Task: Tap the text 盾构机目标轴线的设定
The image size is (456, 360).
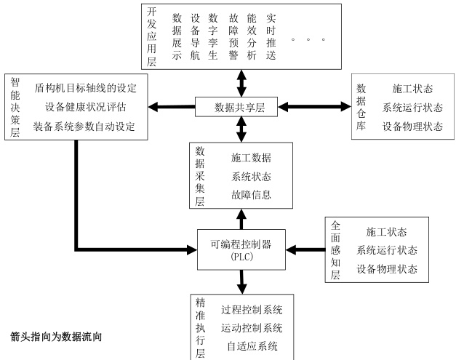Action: (85, 88)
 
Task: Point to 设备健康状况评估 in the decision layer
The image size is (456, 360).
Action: (85, 108)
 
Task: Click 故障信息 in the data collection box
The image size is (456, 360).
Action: (252, 194)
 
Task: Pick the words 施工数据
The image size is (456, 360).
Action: (252, 156)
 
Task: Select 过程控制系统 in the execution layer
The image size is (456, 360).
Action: (252, 310)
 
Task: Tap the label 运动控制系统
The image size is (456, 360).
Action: (252, 328)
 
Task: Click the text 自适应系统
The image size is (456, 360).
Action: (252, 346)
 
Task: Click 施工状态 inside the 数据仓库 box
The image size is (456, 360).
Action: (412, 89)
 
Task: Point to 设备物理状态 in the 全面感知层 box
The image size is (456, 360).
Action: (387, 268)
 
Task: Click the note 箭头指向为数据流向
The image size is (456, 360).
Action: (56, 337)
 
